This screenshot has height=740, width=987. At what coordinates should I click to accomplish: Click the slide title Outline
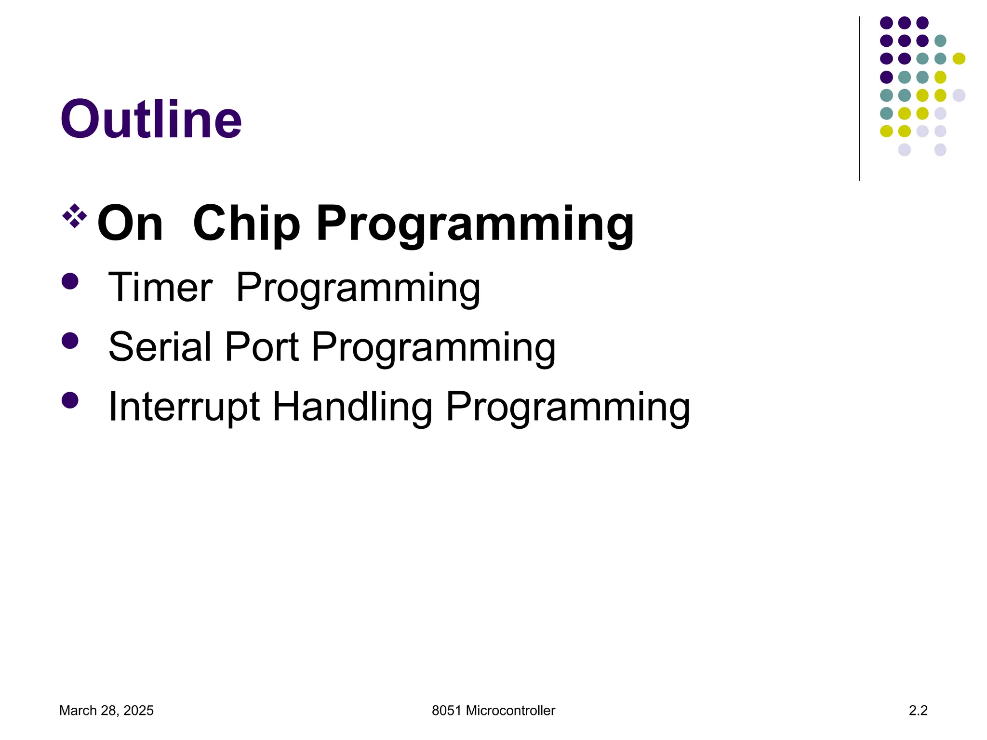tap(151, 119)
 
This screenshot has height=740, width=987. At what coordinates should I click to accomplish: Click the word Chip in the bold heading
tap(246, 223)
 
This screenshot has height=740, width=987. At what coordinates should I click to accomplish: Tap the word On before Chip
tap(130, 223)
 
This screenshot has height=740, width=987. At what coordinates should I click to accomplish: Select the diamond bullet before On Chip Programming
tap(75, 215)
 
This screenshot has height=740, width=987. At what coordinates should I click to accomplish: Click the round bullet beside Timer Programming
tap(70, 281)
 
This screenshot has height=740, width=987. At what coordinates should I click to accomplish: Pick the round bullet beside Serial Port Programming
tap(70, 341)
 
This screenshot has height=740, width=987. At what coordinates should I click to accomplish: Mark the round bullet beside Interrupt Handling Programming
tap(70, 400)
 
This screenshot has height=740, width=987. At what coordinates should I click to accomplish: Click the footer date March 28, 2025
tap(106, 711)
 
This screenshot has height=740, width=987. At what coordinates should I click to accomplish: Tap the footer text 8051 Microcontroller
tap(493, 711)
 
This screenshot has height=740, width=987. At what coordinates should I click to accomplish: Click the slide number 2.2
tap(918, 711)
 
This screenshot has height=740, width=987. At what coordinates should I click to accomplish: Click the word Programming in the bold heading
tap(475, 224)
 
